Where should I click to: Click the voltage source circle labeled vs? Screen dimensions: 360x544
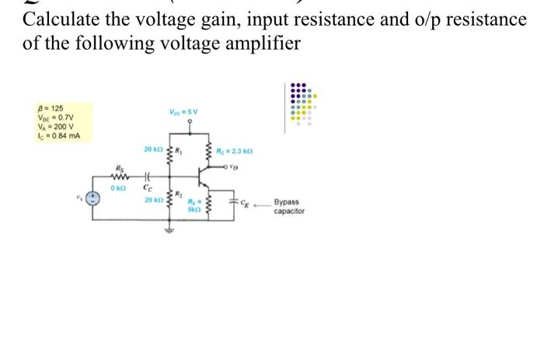(97, 198)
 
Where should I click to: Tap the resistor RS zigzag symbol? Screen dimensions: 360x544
(120, 177)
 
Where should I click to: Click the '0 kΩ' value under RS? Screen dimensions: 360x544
(118, 188)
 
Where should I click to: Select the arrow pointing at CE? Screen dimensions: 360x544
(260, 203)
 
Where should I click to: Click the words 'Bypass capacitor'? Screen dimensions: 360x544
(289, 206)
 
